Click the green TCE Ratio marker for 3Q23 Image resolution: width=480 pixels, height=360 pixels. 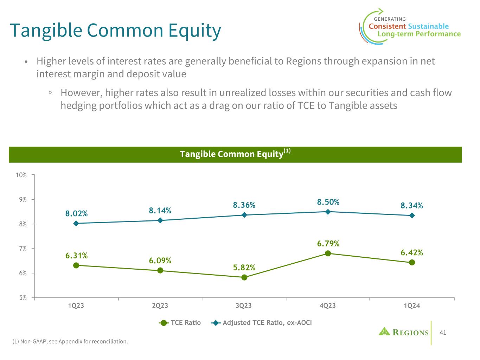[244, 277]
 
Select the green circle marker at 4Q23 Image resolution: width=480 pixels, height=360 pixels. [328, 253]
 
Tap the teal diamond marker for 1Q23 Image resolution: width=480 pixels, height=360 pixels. [76, 223]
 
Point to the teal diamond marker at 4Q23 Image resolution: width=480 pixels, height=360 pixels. [328, 212]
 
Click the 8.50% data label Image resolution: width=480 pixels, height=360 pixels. [328, 202]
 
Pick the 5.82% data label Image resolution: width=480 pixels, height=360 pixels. [244, 268]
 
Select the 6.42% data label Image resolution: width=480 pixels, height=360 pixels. [412, 252]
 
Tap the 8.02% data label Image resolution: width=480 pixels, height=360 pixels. [76, 213]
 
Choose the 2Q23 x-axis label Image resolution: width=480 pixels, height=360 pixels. [160, 306]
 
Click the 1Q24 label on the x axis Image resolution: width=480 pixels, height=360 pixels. [412, 306]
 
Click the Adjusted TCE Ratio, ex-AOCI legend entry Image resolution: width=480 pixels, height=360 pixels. [262, 323]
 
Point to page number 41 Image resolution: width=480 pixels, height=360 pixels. [443, 332]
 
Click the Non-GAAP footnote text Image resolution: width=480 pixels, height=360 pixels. [70, 341]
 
